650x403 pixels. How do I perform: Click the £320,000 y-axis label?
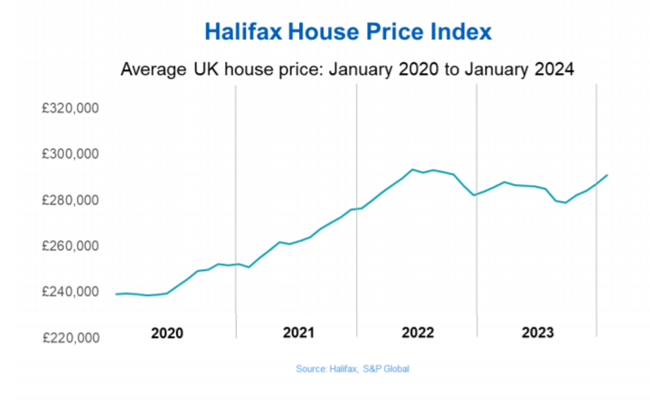pyautogui.click(x=70, y=108)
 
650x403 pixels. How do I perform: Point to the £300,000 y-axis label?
pyautogui.click(x=70, y=154)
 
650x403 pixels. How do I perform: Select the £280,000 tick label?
pyautogui.click(x=70, y=200)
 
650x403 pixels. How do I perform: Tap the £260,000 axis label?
pyautogui.click(x=70, y=246)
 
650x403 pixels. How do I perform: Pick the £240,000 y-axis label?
pyautogui.click(x=70, y=292)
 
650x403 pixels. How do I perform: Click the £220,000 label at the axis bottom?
pyautogui.click(x=70, y=338)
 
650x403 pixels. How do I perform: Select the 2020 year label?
pyautogui.click(x=167, y=333)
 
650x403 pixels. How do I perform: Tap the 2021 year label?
pyautogui.click(x=299, y=333)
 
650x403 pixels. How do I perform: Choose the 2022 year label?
pyautogui.click(x=418, y=333)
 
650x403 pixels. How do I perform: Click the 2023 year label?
pyautogui.click(x=537, y=333)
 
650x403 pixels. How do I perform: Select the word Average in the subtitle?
pyautogui.click(x=150, y=69)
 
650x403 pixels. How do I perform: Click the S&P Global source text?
pyautogui.click(x=386, y=369)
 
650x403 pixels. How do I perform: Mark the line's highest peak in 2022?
pyautogui.click(x=412, y=169)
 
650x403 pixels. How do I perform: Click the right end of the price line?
pyautogui.click(x=608, y=175)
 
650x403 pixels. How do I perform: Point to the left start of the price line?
pyautogui.click(x=116, y=294)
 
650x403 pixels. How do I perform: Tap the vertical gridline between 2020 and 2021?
pyautogui.click(x=236, y=199)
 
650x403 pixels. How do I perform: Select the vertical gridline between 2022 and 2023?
pyautogui.click(x=477, y=199)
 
